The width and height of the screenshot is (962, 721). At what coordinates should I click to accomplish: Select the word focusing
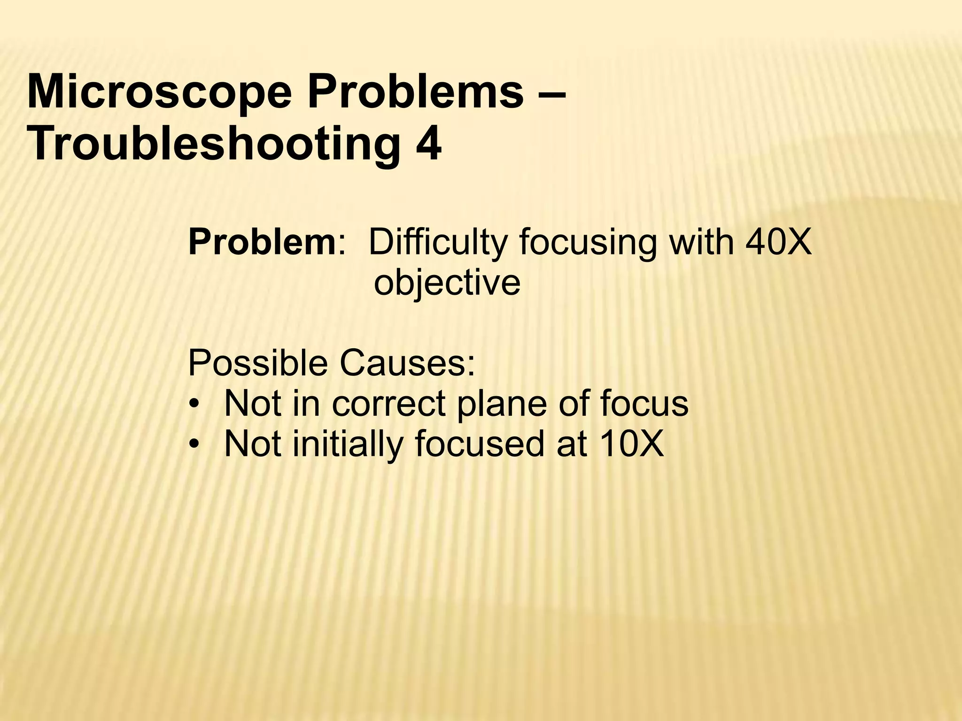click(587, 243)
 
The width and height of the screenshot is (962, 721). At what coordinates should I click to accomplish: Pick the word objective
click(447, 283)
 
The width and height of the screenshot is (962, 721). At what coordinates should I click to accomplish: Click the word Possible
click(257, 363)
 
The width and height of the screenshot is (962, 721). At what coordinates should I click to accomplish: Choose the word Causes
click(407, 363)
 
